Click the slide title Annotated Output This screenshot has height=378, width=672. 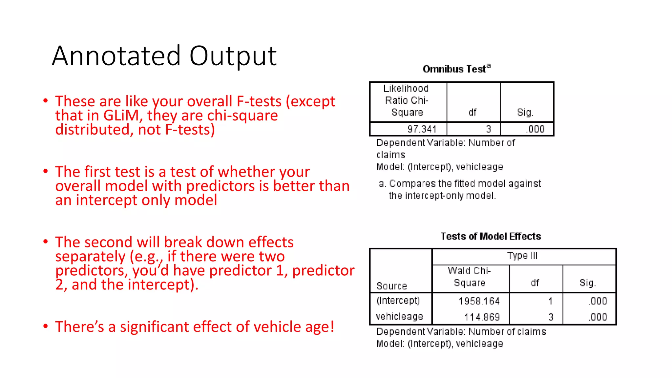coord(164,56)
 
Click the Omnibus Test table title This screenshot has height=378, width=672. coord(456,69)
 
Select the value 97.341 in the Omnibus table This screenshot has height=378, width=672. coord(422,129)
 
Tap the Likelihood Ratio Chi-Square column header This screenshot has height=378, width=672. coord(407,100)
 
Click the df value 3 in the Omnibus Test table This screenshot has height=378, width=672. coord(488,129)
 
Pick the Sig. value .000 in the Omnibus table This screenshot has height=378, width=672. coord(535,129)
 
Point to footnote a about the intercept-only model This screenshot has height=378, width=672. coord(459,190)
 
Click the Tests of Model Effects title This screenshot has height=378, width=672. coord(491,236)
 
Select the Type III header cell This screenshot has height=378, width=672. coord(522,256)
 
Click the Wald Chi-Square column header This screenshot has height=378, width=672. coord(470,277)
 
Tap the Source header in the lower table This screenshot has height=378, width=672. coord(391,286)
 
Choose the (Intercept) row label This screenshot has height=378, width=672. coord(398,301)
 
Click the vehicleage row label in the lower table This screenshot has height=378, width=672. coord(399,317)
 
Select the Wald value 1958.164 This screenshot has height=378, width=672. coord(479,301)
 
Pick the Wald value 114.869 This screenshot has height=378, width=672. coord(482,317)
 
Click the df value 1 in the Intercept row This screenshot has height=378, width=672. coord(550,301)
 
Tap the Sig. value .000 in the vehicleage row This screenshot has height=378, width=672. coord(598,317)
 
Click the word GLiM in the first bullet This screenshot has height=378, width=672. coord(121,116)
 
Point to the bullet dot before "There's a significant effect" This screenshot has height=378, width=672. coord(46,326)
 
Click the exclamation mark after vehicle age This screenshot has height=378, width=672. coord(332,327)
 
